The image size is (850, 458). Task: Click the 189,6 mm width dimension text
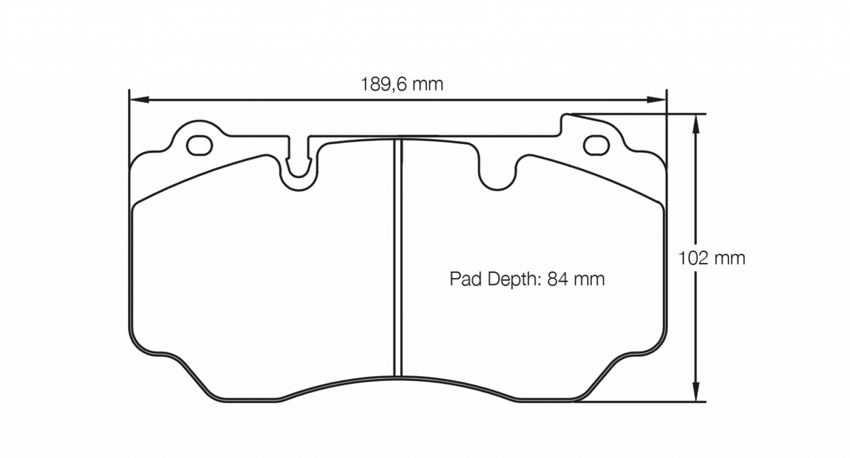[401, 84]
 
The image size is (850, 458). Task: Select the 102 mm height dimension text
[712, 258]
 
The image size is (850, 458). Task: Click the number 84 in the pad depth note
[558, 278]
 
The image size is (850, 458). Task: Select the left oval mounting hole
[199, 145]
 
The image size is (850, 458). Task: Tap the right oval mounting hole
[596, 145]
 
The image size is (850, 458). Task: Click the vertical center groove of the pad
[398, 259]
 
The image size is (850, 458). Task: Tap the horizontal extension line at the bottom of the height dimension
[641, 402]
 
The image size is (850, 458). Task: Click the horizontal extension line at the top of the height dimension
[641, 114]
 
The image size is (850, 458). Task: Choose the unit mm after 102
[730, 258]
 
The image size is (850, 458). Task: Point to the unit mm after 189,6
[427, 84]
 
